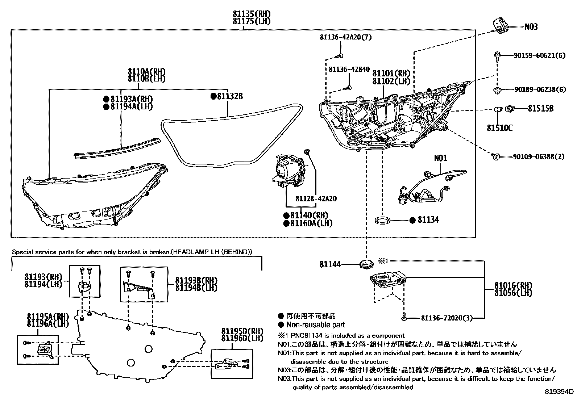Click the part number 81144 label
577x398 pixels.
330,265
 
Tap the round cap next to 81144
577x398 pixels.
367,264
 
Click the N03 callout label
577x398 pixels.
531,27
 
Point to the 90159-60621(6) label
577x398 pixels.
539,56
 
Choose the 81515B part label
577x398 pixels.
540,108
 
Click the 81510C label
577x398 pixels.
499,128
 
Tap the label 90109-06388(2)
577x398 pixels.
539,157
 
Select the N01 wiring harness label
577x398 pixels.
440,158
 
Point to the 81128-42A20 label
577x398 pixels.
316,199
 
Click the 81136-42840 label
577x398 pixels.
349,69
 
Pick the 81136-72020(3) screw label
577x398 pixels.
447,318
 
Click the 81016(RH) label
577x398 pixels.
512,285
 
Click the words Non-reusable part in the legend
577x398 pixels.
315,325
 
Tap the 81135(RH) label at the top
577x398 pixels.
251,14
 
